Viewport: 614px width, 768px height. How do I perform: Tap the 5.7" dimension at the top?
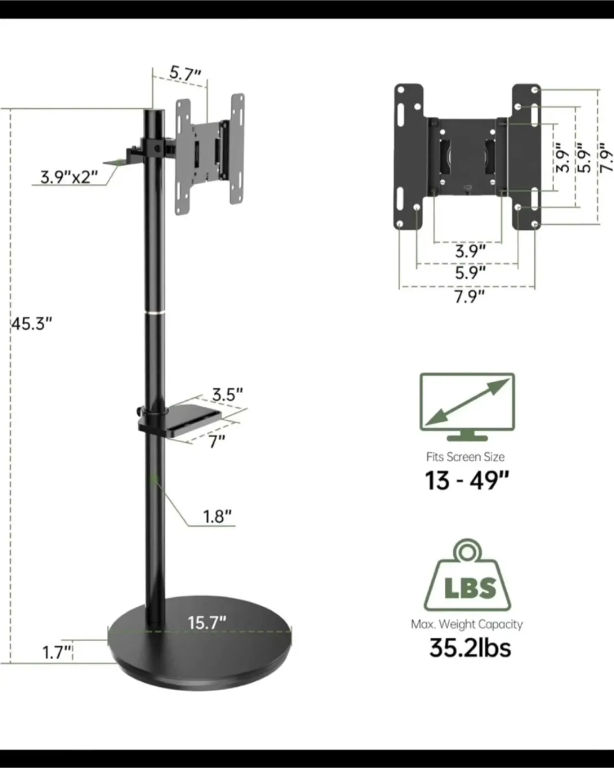[185, 74]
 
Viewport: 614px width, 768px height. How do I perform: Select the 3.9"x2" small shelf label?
[69, 177]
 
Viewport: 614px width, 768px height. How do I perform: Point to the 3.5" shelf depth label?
[227, 395]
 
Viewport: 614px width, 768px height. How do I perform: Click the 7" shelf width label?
[216, 441]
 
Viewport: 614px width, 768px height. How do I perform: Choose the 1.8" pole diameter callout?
[217, 516]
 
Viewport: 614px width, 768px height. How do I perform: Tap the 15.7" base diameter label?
[206, 622]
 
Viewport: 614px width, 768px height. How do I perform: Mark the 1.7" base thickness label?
[57, 652]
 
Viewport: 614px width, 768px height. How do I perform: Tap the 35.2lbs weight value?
[470, 648]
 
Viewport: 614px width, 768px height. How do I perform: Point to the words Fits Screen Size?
[465, 457]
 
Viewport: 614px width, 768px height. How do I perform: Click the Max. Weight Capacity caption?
[467, 624]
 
